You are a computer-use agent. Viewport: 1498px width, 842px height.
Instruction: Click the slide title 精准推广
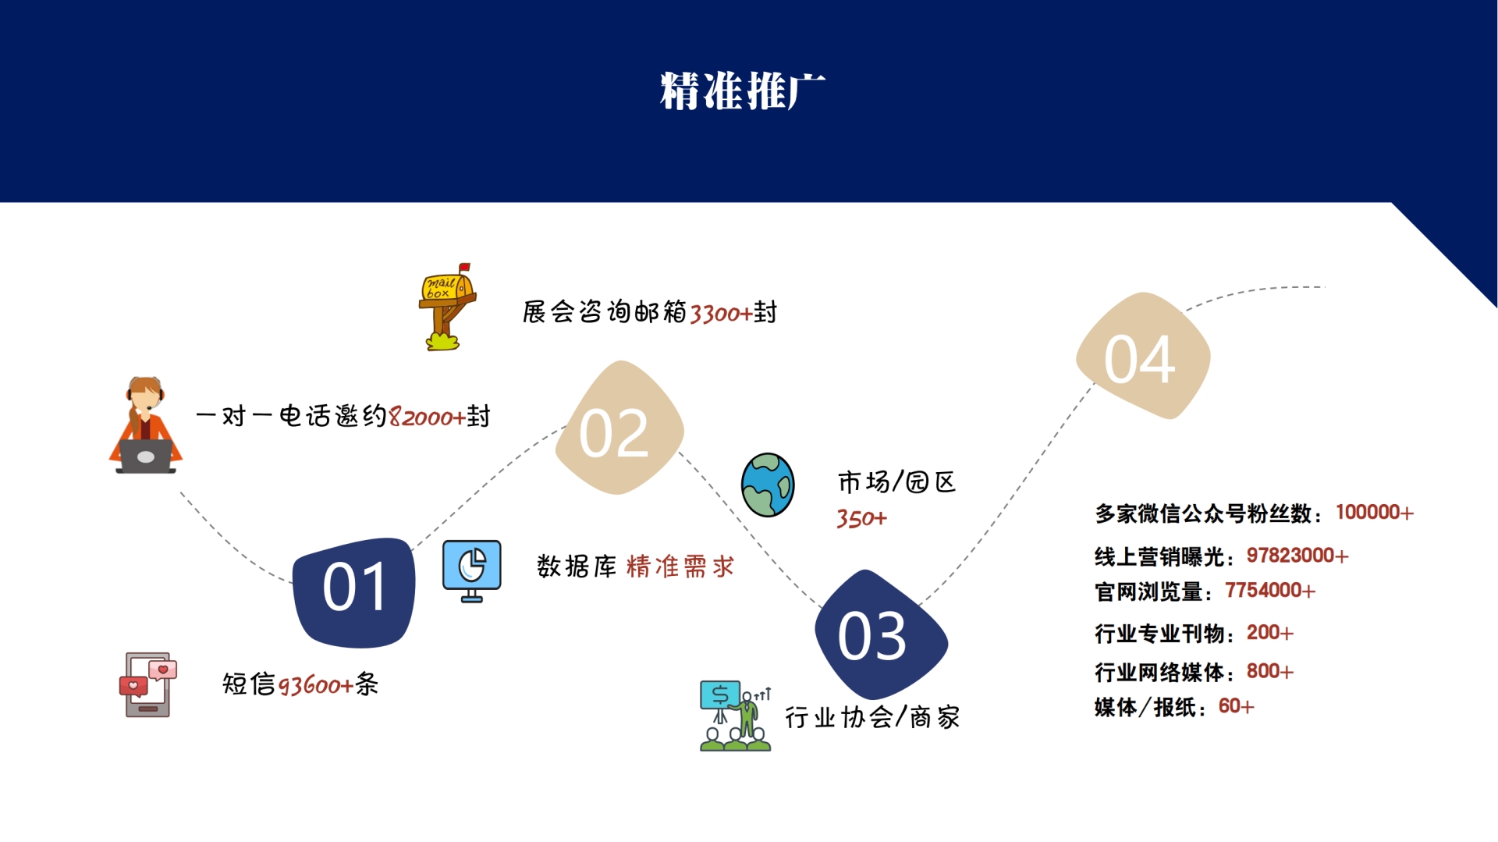tap(742, 91)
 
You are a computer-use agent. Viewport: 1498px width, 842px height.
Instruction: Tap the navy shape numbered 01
tap(354, 591)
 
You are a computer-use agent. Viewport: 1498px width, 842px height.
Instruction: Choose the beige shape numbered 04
tap(1142, 357)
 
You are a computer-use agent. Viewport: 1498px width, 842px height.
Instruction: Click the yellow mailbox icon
tap(447, 307)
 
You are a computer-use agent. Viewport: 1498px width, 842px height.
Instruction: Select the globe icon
tap(768, 485)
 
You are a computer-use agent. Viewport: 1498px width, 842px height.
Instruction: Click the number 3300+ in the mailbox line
tap(721, 314)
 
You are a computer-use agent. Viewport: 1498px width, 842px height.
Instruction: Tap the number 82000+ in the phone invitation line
tap(427, 417)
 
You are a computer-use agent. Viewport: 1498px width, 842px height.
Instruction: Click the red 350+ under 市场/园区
tap(861, 519)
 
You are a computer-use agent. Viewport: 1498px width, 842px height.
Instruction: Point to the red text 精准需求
tap(680, 567)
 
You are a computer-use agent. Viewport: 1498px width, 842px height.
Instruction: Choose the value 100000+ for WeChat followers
tap(1374, 513)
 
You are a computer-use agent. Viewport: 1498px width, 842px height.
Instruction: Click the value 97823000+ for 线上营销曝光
tap(1297, 556)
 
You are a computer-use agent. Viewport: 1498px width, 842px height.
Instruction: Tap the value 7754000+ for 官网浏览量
tap(1269, 591)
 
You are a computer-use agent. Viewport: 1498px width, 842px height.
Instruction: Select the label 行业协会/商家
tap(872, 717)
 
